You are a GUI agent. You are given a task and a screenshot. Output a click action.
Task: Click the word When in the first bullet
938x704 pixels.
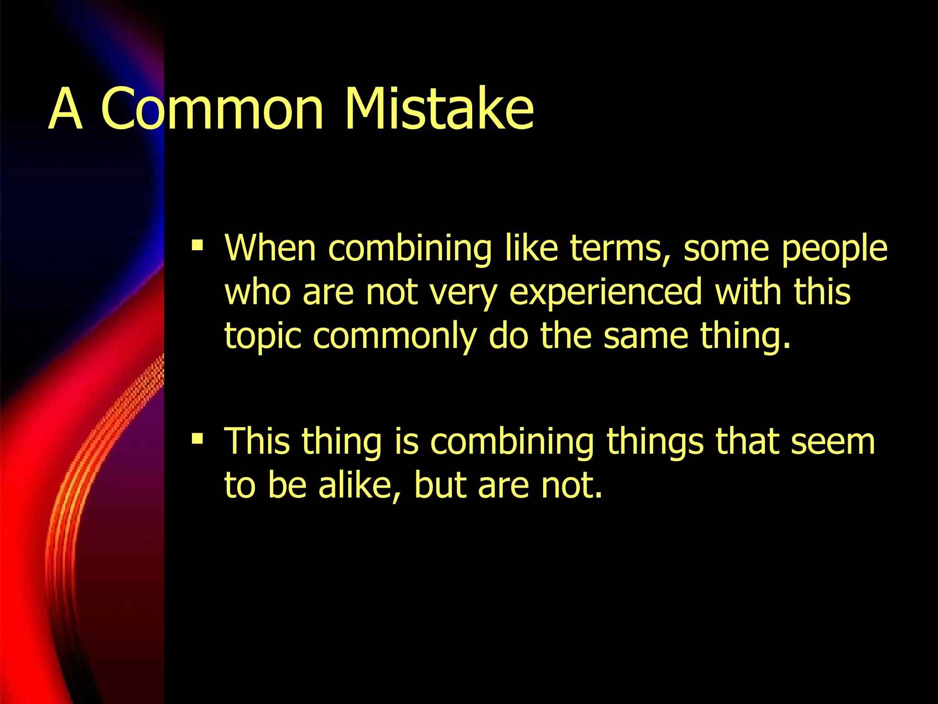click(270, 248)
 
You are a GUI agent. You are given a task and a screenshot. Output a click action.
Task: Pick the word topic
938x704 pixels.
click(263, 337)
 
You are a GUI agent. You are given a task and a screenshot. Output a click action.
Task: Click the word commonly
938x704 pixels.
click(395, 337)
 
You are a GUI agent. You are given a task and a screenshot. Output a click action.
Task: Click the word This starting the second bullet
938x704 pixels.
click(257, 441)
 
